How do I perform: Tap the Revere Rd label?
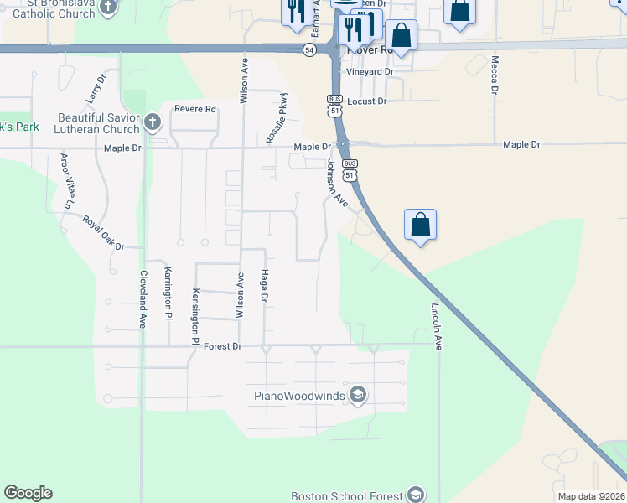click(195, 109)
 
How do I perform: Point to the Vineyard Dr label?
click(370, 72)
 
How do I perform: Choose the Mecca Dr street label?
click(495, 75)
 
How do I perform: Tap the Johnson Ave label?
click(338, 184)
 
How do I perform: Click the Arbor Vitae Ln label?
click(65, 180)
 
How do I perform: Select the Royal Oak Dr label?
click(103, 233)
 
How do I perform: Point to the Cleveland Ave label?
click(143, 298)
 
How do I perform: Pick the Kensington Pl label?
click(194, 317)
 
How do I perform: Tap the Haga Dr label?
click(265, 285)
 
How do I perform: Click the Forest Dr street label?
click(222, 345)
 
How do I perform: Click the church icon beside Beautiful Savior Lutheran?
click(152, 123)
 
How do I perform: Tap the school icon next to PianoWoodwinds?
click(358, 395)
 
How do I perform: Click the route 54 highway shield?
click(309, 51)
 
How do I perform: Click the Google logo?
click(28, 493)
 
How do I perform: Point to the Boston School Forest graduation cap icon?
click(414, 495)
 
